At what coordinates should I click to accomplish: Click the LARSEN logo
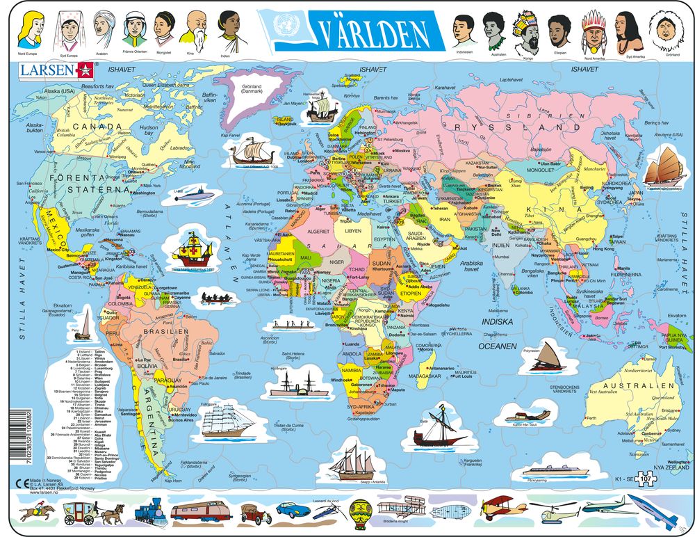[x=54, y=70]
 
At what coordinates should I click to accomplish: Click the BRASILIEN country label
[x=165, y=332]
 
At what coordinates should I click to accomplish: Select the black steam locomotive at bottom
[x=148, y=513]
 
